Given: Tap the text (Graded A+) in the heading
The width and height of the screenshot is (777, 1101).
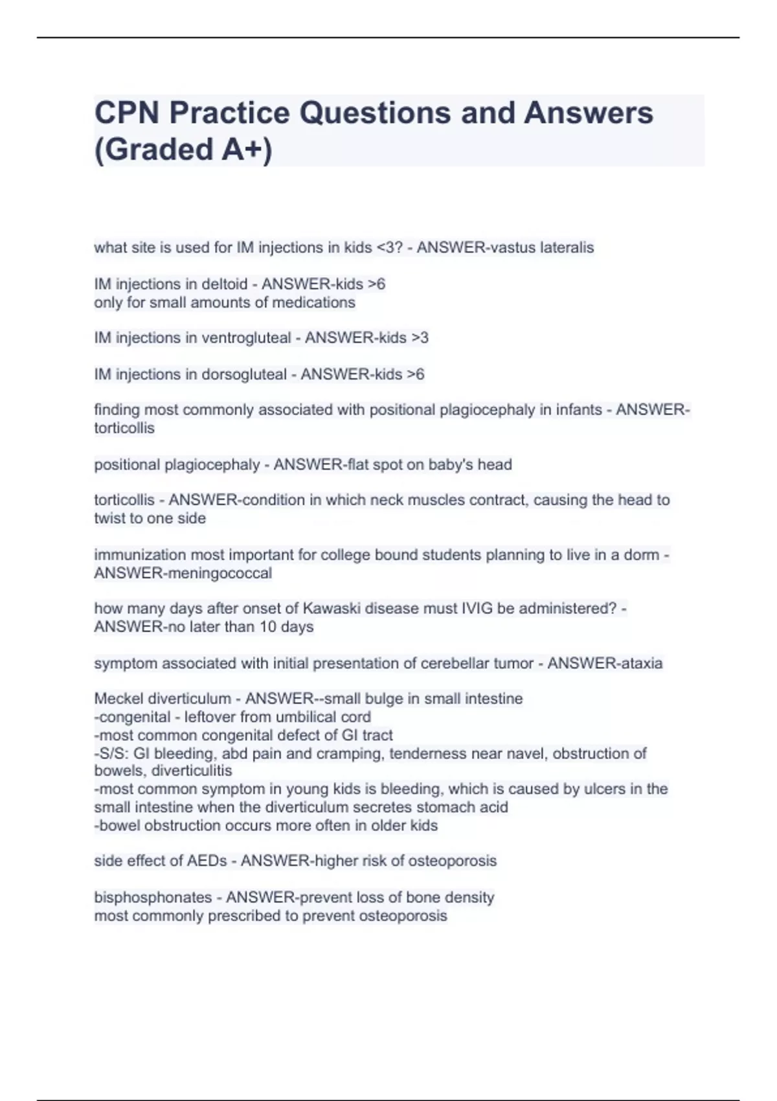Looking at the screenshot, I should point(183,149).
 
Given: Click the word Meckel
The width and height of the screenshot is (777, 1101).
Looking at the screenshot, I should point(119,699).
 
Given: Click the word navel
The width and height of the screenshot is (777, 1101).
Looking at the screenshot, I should point(528,753).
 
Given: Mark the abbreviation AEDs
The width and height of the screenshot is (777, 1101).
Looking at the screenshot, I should point(207,861).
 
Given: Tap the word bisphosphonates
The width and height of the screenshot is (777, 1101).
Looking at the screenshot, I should point(153,898).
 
